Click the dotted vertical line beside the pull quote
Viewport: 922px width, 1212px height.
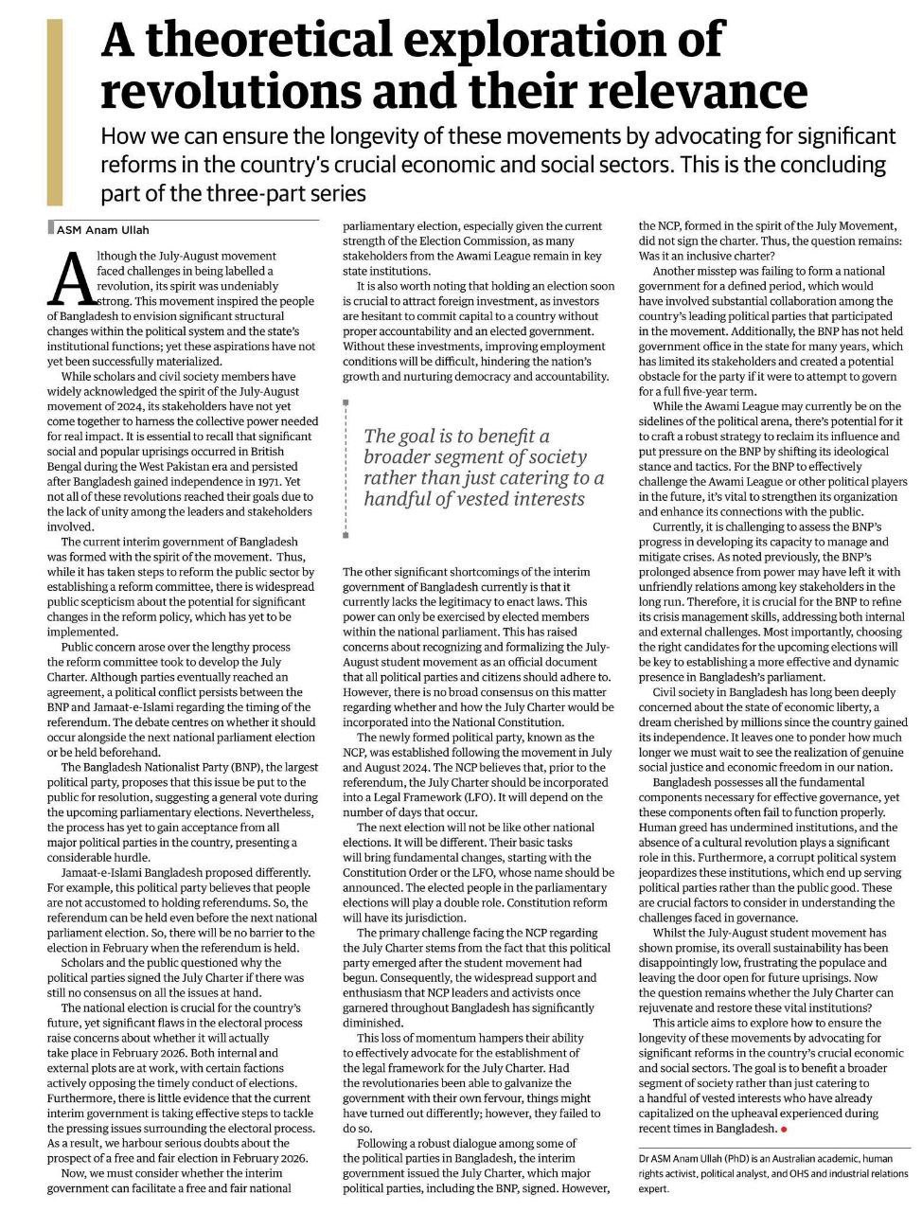[346, 469]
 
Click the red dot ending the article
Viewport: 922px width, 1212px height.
[784, 1129]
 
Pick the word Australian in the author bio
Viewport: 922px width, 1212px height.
[769, 1158]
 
